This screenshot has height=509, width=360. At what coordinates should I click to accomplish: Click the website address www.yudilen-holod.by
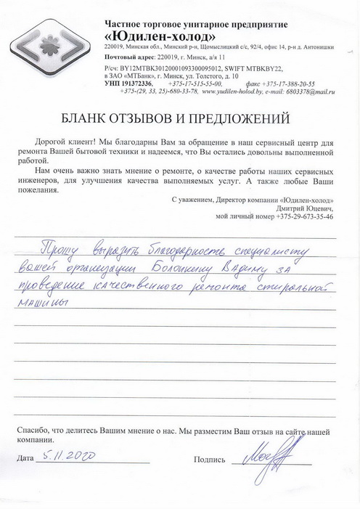(234, 92)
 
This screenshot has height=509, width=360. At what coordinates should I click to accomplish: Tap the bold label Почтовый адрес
(131, 57)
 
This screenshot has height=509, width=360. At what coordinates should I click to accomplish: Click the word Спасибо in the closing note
(36, 430)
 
